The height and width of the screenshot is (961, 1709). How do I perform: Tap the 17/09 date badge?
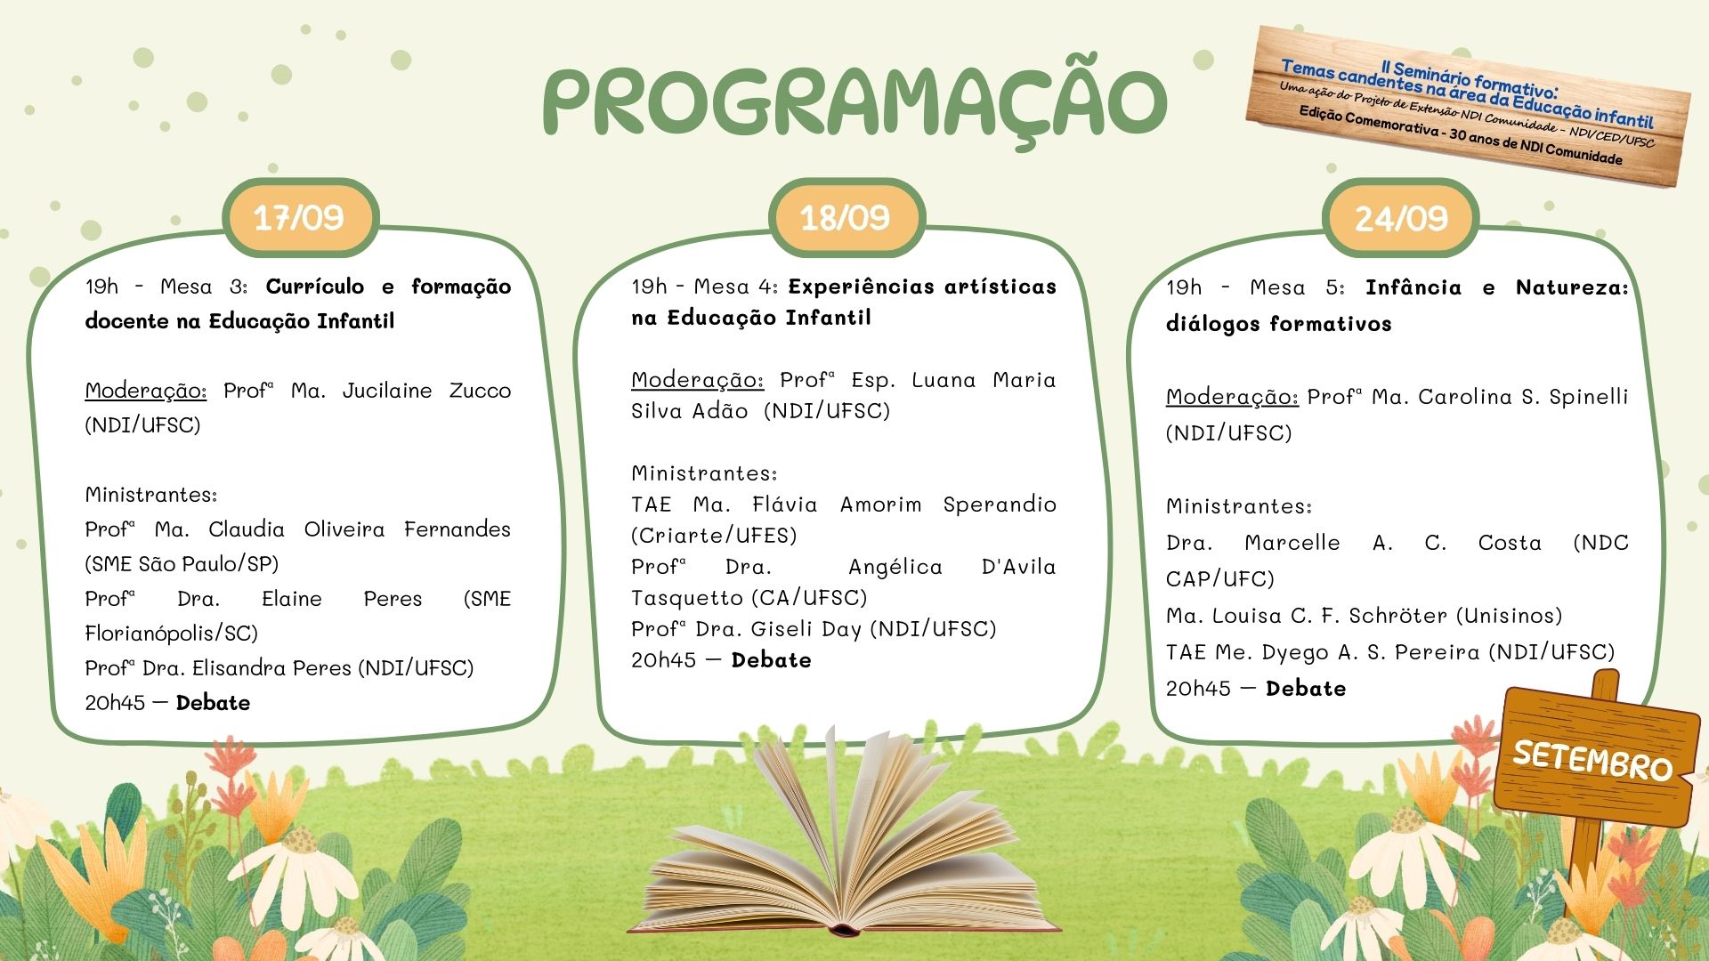300,218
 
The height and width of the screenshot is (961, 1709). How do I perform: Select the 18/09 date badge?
846,218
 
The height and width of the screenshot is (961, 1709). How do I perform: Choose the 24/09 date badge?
1401,218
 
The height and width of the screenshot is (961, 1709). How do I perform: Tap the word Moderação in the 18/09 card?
697,381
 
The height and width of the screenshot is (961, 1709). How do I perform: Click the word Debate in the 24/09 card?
1306,689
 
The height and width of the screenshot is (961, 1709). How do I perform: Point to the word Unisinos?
1509,616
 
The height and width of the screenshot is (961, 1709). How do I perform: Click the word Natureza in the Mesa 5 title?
1572,287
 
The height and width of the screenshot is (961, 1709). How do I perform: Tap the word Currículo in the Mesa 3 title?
315,287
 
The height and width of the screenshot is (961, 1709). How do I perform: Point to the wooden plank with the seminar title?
1469,107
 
